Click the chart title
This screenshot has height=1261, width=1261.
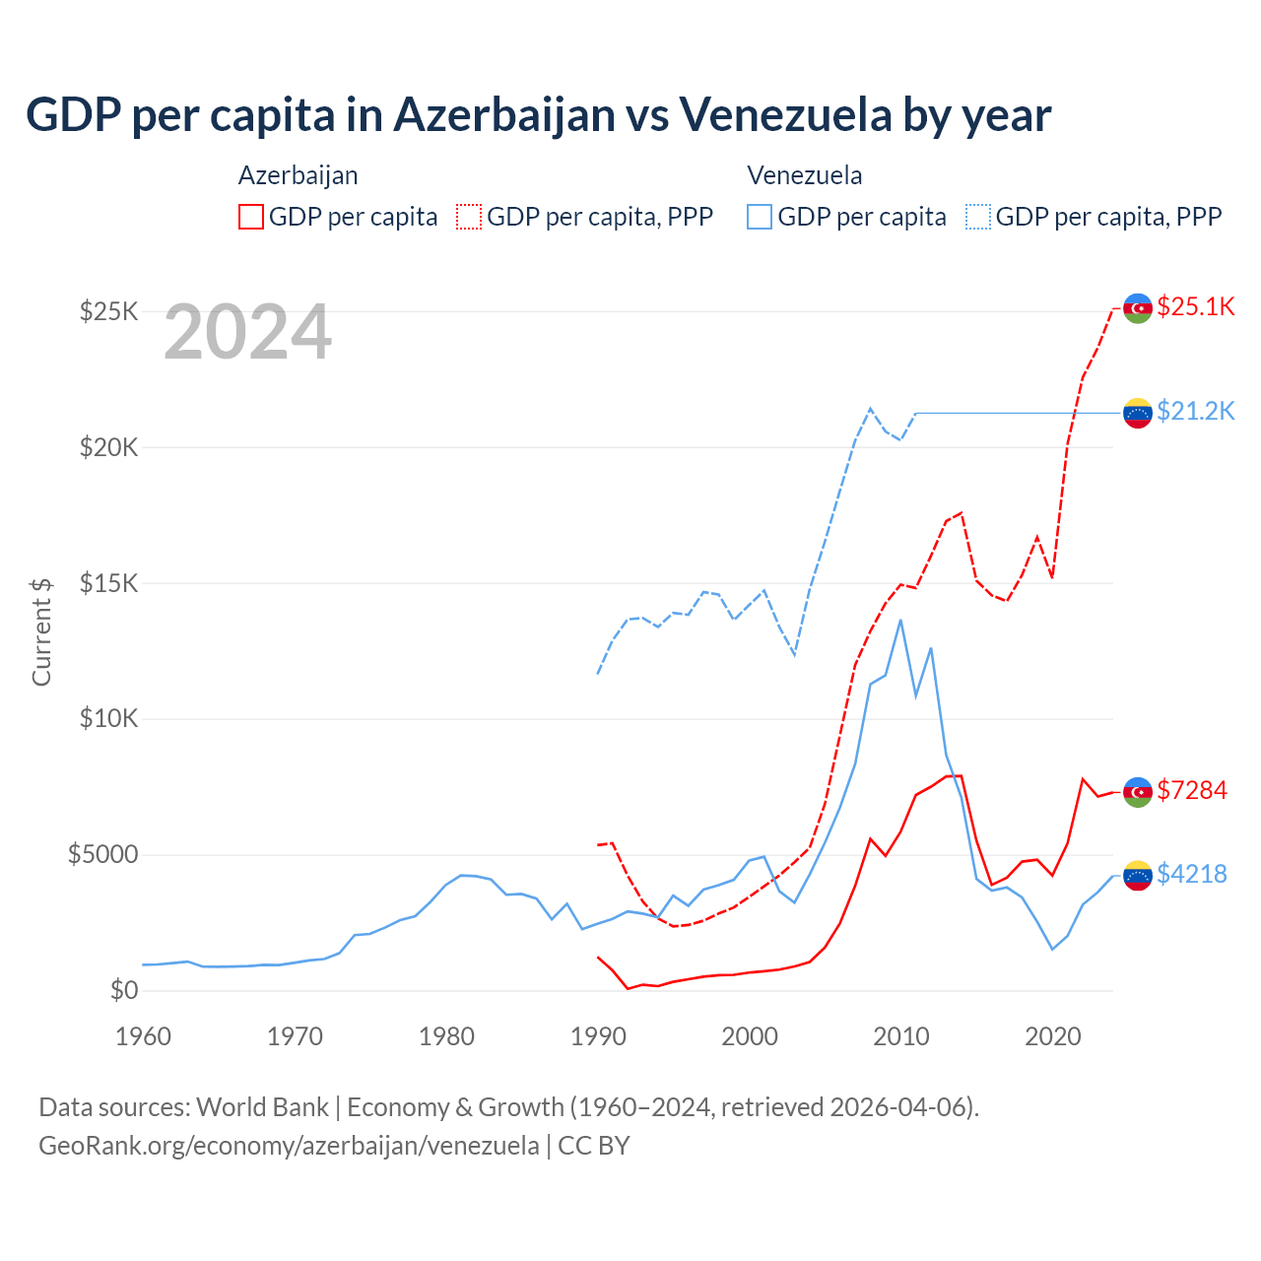[538, 115]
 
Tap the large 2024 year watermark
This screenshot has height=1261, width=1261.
[247, 333]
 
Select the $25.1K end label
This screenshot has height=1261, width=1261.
[1195, 306]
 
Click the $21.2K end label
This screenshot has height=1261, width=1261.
[1195, 411]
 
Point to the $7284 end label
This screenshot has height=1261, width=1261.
[1192, 790]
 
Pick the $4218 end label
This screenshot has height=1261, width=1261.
[1192, 874]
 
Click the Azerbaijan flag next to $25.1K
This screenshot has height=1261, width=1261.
[1138, 308]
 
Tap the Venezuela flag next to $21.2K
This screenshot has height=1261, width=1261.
[1138, 413]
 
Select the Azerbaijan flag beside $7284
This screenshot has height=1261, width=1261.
[1138, 792]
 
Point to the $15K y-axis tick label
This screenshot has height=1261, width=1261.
[109, 583]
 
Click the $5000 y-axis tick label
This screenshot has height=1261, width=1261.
[102, 854]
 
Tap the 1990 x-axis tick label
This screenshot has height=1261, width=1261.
[598, 1036]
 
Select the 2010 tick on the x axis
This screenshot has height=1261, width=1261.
[901, 1036]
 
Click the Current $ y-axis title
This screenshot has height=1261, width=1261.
[41, 631]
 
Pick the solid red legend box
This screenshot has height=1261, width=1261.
[251, 217]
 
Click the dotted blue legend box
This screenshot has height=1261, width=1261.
[978, 217]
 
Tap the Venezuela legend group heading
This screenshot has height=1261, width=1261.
[804, 175]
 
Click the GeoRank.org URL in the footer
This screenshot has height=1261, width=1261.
[289, 1146]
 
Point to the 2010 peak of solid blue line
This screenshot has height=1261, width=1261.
[900, 620]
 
